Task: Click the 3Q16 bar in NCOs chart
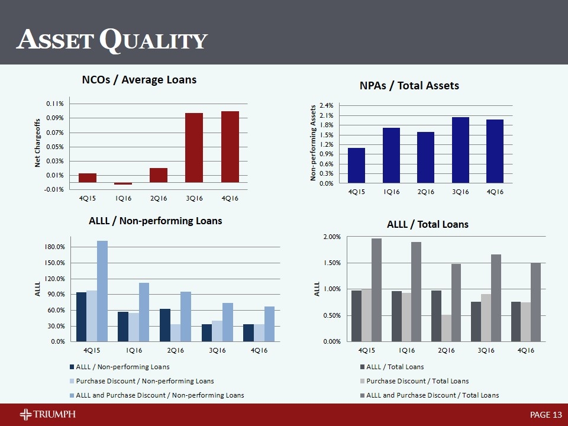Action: pos(194,147)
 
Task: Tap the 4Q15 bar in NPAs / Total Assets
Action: pos(356,165)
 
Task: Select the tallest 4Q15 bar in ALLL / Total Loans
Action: pos(376,290)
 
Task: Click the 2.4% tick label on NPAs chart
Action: pos(327,105)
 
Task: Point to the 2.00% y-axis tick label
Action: pos(331,237)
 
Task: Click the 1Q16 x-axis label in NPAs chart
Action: pos(391,192)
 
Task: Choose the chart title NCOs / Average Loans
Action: pos(138,79)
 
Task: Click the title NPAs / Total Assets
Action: pos(409,86)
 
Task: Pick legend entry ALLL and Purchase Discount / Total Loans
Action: pos(433,395)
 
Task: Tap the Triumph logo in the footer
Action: pos(47,414)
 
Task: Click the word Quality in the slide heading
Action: pos(153,40)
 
